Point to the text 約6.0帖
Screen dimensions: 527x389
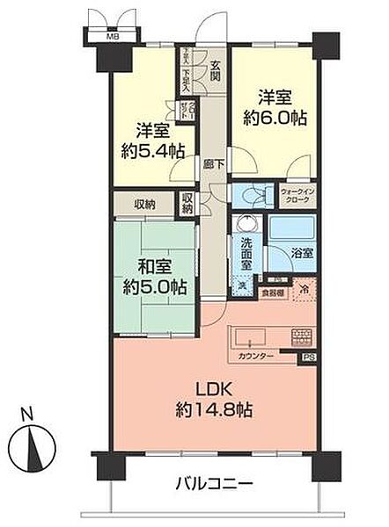[273, 112]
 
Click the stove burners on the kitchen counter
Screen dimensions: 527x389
[300, 336]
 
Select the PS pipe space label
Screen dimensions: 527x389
[308, 357]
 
